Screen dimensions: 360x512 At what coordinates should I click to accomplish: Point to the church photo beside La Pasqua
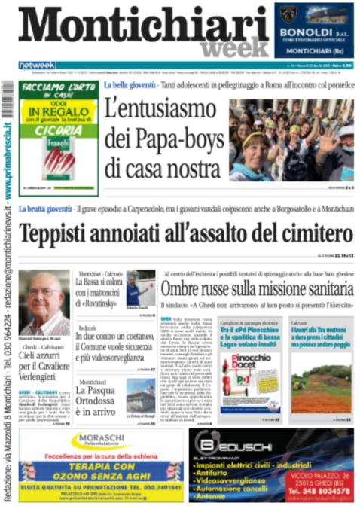tap(140, 395)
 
